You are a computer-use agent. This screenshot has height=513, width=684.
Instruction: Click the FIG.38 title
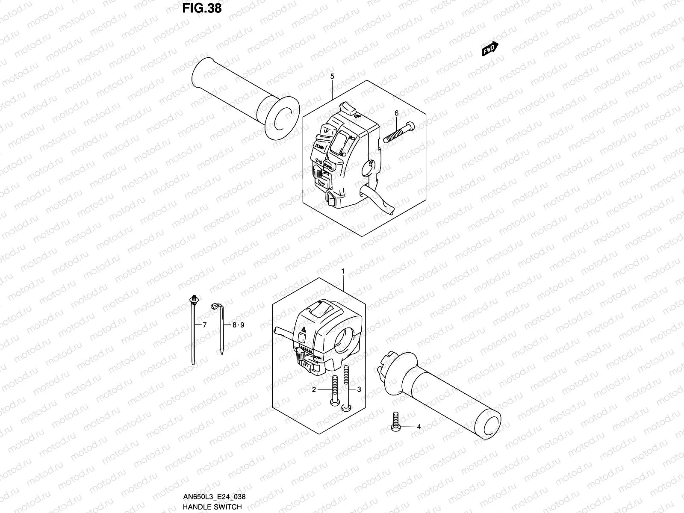(x=202, y=8)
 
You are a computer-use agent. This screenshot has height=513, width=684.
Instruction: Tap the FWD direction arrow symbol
(x=489, y=49)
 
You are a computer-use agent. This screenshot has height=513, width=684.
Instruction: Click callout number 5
(x=332, y=76)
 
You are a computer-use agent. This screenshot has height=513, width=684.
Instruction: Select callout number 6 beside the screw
(x=396, y=113)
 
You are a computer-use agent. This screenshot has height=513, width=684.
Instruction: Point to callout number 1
(x=342, y=271)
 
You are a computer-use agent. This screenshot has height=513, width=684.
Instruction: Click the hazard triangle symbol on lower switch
(x=304, y=329)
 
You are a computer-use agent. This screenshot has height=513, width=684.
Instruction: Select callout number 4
(x=419, y=427)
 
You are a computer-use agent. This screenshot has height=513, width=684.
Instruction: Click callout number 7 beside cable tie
(x=204, y=325)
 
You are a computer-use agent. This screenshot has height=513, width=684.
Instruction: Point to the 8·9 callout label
(x=238, y=325)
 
